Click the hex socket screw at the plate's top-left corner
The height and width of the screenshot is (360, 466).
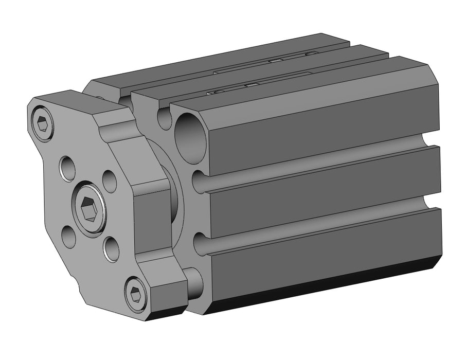[x=43, y=124]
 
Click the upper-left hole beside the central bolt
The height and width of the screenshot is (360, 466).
[x=68, y=167]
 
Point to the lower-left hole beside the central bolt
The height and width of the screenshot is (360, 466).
[x=69, y=237]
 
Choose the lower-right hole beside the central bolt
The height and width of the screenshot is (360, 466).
[x=111, y=249]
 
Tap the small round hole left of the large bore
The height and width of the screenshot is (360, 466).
[x=164, y=119]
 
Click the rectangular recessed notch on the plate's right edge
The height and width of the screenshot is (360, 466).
[x=153, y=216]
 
